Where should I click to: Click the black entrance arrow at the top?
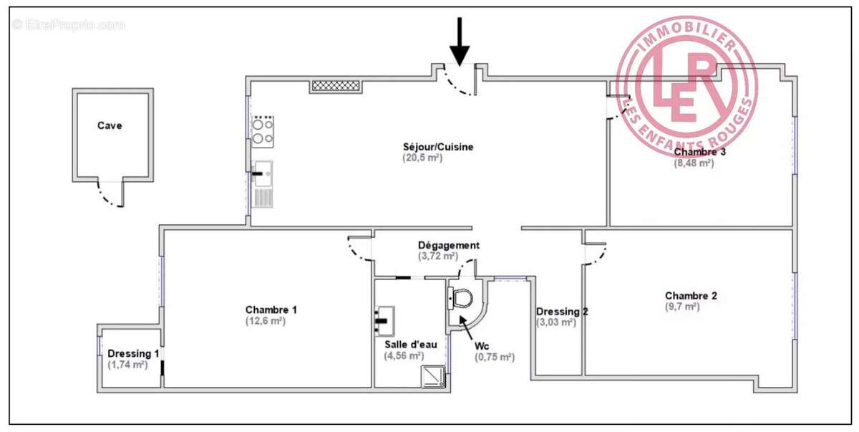[460, 42]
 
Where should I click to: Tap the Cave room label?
[110, 125]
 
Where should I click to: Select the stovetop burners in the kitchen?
[263, 130]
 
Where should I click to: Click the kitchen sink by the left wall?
[263, 172]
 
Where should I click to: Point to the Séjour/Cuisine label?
[438, 147]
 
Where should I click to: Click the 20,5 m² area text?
[422, 158]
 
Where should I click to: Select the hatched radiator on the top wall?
[334, 85]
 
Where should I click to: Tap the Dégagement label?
[449, 245]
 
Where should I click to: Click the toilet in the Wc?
[460, 297]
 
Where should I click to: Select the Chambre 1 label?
[271, 309]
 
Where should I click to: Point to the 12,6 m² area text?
[266, 321]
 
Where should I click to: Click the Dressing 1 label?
[133, 353]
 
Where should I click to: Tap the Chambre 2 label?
[691, 295]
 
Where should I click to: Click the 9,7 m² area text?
[682, 307]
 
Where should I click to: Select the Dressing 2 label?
[563, 312]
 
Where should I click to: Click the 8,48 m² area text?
[694, 163]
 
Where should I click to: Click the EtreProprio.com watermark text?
[69, 25]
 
